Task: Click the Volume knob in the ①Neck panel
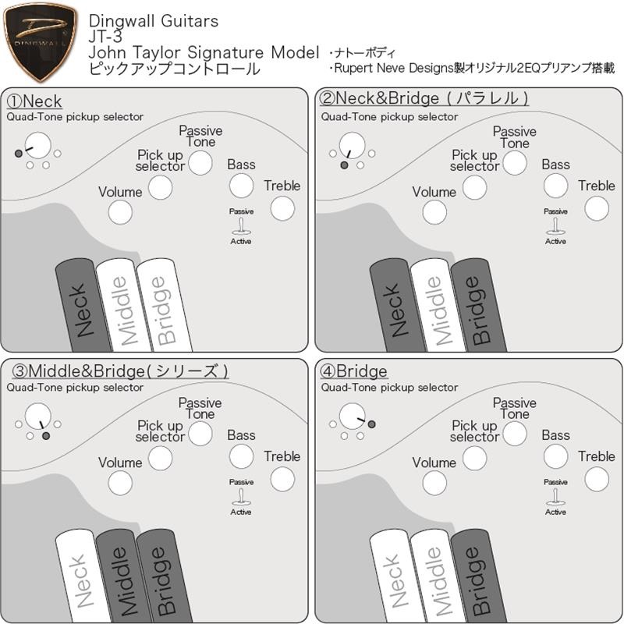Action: click(x=120, y=212)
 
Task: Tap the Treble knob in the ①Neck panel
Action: click(x=282, y=208)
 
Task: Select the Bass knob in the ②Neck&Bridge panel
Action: click(x=555, y=186)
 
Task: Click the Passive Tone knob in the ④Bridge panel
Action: click(x=514, y=434)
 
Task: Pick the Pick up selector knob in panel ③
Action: click(x=160, y=458)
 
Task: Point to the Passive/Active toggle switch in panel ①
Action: click(x=241, y=226)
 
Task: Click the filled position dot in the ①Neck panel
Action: click(x=19, y=154)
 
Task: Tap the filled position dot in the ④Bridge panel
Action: click(x=371, y=424)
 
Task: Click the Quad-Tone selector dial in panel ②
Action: click(x=351, y=144)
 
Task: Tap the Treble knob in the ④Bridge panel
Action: click(x=596, y=479)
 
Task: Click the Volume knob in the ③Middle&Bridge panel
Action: click(x=120, y=483)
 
